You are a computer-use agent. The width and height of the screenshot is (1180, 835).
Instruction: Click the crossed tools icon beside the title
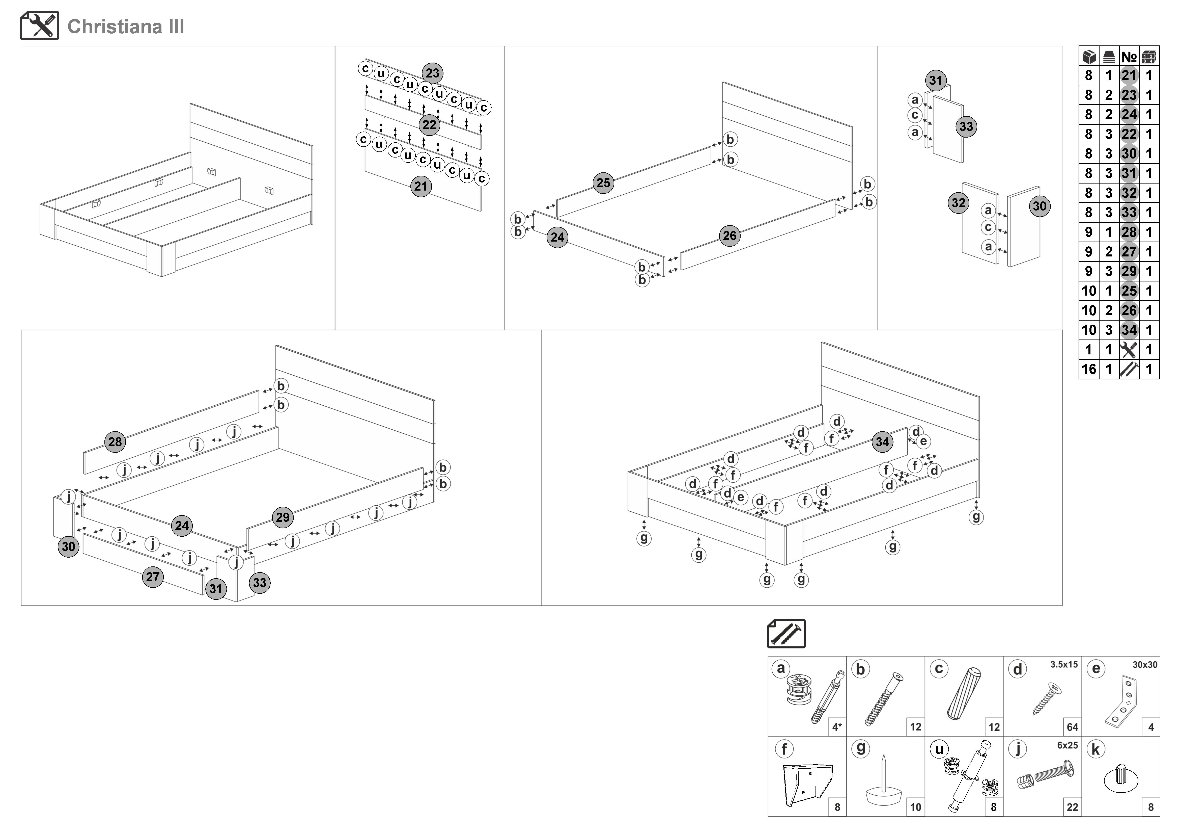tap(40, 26)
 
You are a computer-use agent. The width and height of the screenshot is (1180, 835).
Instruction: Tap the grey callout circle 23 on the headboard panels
tap(433, 73)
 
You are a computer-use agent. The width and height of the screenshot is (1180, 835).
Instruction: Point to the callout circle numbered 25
tap(603, 183)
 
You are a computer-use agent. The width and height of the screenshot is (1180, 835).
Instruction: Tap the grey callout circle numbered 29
tap(283, 517)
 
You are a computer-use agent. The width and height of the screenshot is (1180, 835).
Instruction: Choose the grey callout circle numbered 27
tap(153, 577)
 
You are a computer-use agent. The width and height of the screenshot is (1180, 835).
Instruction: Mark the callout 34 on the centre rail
tap(882, 442)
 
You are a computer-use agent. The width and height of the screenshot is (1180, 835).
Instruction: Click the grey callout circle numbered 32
tap(959, 203)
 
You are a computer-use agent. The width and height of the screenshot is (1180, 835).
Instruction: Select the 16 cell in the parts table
tap(1088, 369)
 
